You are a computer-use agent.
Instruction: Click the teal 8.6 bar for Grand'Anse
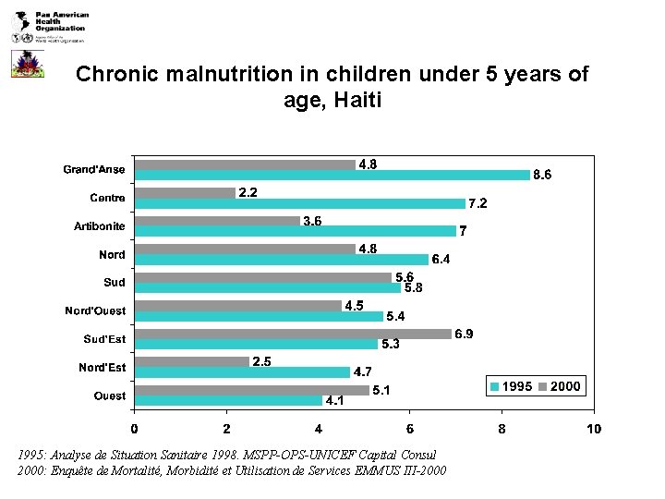332,175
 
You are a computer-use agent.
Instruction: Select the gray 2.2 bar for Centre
185,192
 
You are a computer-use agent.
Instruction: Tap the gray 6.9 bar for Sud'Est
293,334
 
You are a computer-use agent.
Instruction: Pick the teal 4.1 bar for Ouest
228,400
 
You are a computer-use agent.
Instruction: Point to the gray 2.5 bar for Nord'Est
191,362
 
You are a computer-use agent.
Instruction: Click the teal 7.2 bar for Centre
299,203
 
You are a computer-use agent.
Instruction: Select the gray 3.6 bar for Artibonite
217,221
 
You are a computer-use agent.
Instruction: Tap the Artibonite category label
100,226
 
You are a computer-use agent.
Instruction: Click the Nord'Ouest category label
95,310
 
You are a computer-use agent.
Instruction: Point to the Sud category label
115,283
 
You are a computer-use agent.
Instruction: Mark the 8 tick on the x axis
502,429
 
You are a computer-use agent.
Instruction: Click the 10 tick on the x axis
593,429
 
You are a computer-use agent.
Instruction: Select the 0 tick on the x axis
134,429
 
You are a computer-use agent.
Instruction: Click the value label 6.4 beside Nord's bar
441,260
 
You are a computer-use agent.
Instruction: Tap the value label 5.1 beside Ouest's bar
381,390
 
